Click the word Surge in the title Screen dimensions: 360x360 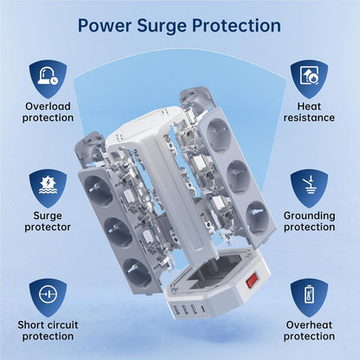point(163,26)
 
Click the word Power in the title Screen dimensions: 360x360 point(104,25)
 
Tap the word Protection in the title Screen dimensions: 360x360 point(236,25)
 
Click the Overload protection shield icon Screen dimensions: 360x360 point(48,80)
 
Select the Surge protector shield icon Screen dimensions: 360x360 point(48,189)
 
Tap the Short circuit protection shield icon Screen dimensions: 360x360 point(48,298)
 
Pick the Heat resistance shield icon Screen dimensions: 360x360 point(309,80)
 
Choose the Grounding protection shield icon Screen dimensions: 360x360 point(309,189)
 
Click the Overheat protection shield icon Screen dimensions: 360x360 point(309,298)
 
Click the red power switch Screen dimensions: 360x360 point(252,280)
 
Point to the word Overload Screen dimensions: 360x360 point(48,106)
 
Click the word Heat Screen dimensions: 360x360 point(309,106)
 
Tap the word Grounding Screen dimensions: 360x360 point(309,215)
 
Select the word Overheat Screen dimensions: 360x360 point(309,325)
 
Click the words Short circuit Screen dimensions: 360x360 point(48,325)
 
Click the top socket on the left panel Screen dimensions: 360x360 point(98,191)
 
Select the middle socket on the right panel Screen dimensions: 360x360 point(238,175)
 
